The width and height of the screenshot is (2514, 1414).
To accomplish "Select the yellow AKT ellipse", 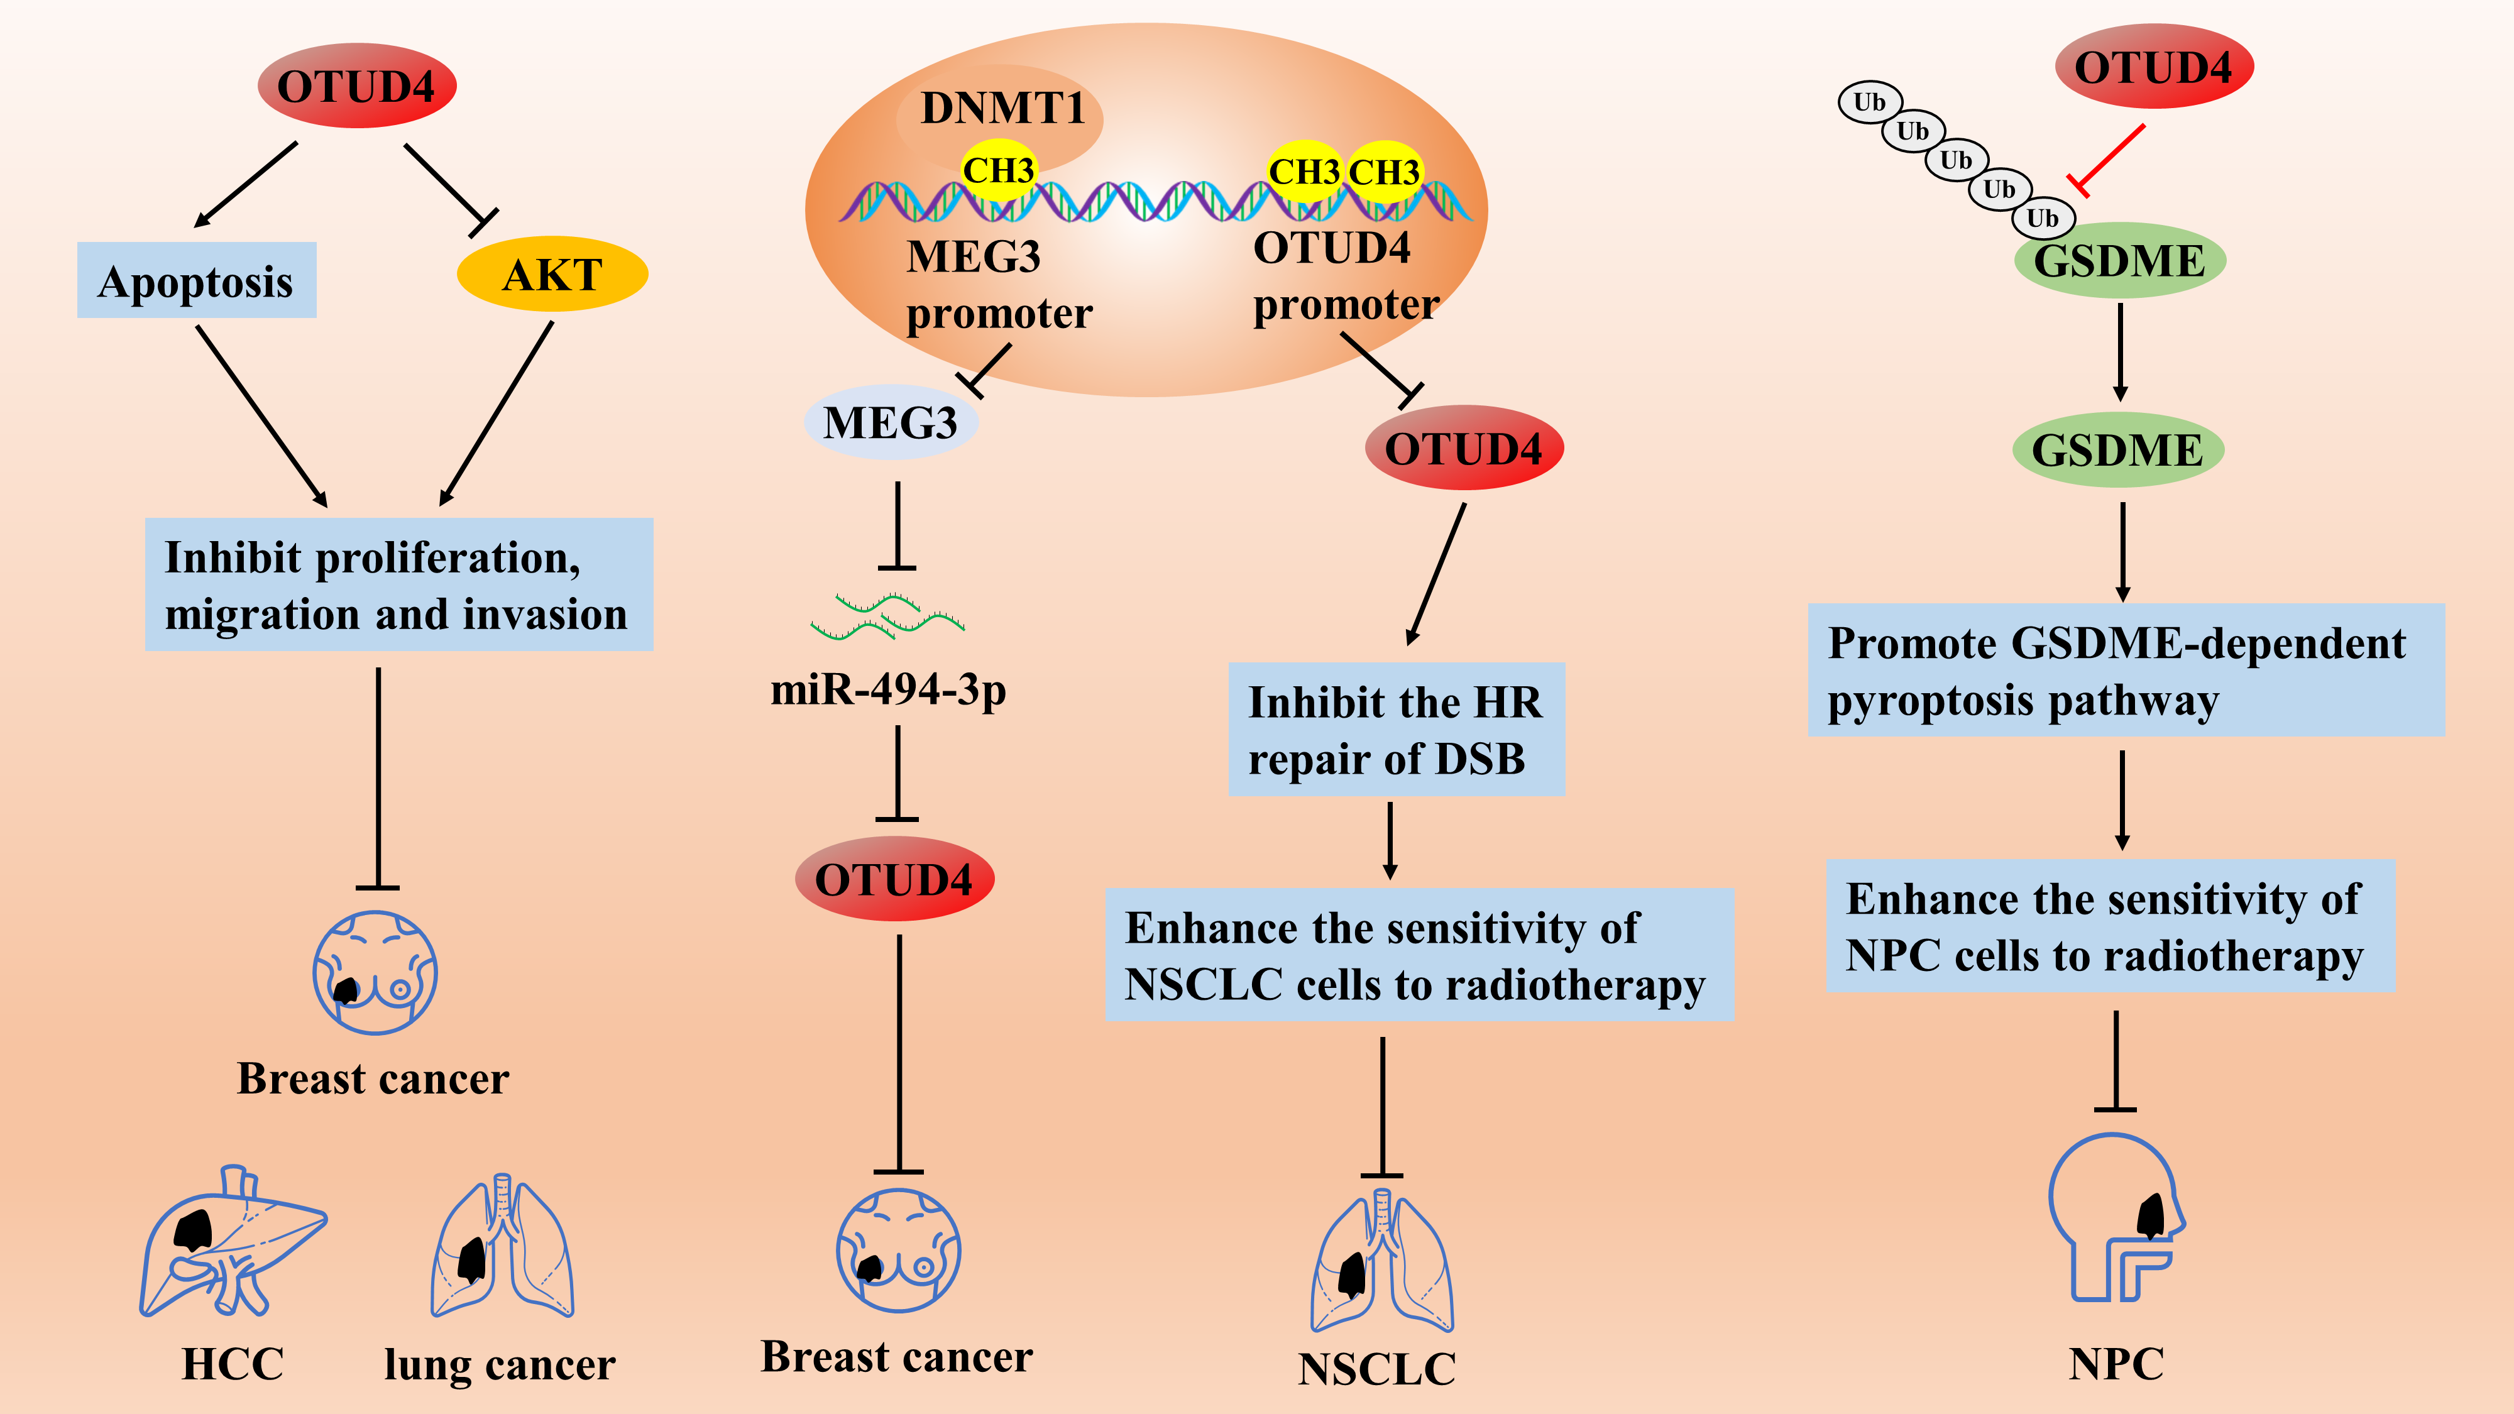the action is [552, 274].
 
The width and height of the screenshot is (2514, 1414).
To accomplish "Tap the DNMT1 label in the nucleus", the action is [1003, 107].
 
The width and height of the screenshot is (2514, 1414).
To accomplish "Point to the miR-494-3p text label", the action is [888, 690].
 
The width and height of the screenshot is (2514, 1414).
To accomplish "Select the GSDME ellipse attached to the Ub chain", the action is [2120, 261].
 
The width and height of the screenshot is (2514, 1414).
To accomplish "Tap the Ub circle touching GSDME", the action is [2043, 217].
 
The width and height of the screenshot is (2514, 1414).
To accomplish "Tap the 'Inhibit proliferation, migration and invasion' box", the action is [399, 584].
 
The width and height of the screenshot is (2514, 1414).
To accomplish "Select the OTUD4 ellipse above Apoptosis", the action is [357, 86].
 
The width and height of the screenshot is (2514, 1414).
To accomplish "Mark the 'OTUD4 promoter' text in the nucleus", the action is [1346, 276].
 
